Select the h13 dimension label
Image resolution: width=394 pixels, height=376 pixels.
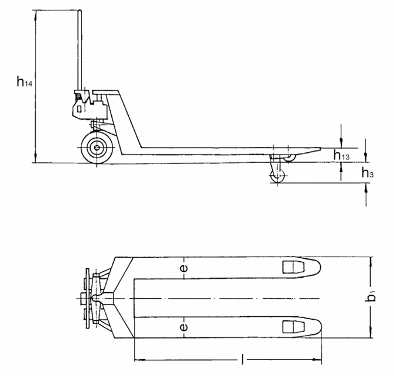pos(342,155)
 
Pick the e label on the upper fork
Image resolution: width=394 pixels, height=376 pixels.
pos(184,268)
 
